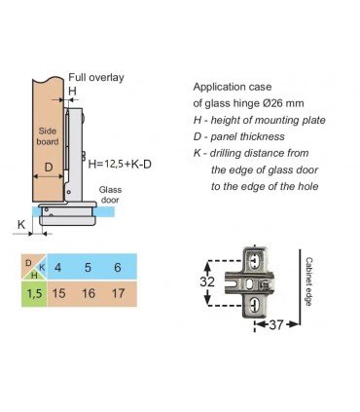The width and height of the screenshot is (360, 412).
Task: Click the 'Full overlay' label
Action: (x=96, y=78)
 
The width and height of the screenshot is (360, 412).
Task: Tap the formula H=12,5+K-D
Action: (x=120, y=164)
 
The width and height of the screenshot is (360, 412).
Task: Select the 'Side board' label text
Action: (x=48, y=136)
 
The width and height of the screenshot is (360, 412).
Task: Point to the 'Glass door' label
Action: (x=110, y=195)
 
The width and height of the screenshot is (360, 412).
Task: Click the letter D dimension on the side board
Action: (x=49, y=168)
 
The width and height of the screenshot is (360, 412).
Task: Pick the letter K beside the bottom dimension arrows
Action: (x=21, y=224)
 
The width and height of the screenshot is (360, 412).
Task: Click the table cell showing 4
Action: (x=58, y=268)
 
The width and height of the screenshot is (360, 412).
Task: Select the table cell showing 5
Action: (x=88, y=268)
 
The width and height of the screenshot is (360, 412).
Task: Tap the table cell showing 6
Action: (x=118, y=268)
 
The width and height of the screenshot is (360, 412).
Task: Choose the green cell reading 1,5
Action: (x=34, y=294)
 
